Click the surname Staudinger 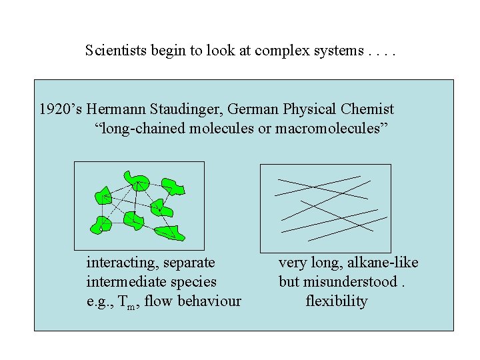175,109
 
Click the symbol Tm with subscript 125,302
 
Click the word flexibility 336,301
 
